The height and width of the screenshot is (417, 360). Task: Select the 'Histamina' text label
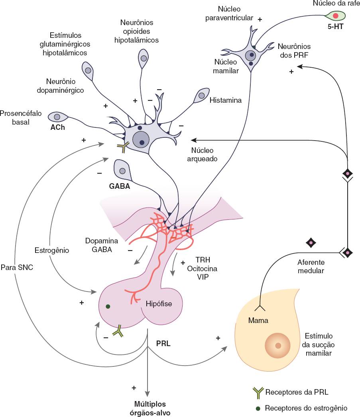click(x=226, y=100)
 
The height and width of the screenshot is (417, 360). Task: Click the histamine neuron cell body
click(x=201, y=96)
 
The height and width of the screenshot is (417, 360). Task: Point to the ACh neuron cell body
click(x=57, y=117)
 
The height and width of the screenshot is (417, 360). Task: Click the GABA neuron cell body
click(x=122, y=170)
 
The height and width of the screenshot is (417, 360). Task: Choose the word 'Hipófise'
click(x=158, y=304)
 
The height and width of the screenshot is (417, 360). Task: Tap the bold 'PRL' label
click(x=163, y=343)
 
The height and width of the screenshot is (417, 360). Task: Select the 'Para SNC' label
click(x=17, y=268)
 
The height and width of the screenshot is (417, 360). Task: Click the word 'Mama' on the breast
click(x=258, y=320)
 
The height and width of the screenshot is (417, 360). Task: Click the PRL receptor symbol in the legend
click(x=258, y=393)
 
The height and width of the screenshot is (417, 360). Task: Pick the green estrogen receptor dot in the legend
click(x=258, y=408)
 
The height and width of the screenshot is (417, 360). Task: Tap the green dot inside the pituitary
click(x=108, y=306)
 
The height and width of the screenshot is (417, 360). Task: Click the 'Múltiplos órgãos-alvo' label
click(x=150, y=409)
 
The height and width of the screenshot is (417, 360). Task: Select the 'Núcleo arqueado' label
click(x=202, y=155)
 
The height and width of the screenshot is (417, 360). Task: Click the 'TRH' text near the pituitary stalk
click(x=201, y=259)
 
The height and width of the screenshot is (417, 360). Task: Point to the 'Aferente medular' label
click(x=311, y=266)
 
